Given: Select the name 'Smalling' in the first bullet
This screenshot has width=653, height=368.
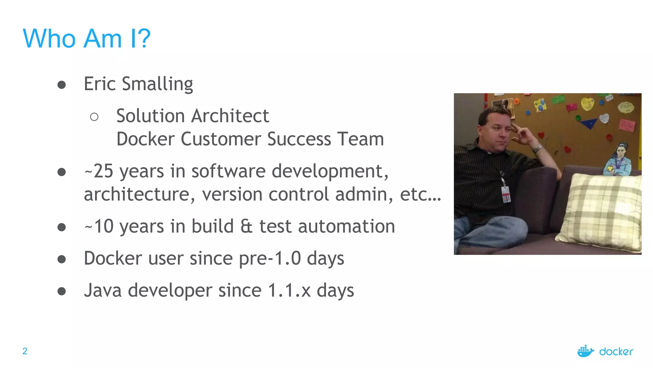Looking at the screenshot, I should pos(158,84).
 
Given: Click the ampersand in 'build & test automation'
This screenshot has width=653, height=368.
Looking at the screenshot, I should pos(246,226).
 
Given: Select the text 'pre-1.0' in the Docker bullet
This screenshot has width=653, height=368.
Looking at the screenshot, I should pos(270,258).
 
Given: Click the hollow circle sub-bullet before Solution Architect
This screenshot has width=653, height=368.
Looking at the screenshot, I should pos(94,117).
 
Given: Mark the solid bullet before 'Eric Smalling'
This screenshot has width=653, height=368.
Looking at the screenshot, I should pos(62,85).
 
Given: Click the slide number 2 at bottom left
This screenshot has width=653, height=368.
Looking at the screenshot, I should pos(25,351).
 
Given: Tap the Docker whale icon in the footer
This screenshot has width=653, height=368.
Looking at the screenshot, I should pos(585,351).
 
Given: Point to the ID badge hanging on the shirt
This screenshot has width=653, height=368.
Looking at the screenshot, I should pos(506,194).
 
